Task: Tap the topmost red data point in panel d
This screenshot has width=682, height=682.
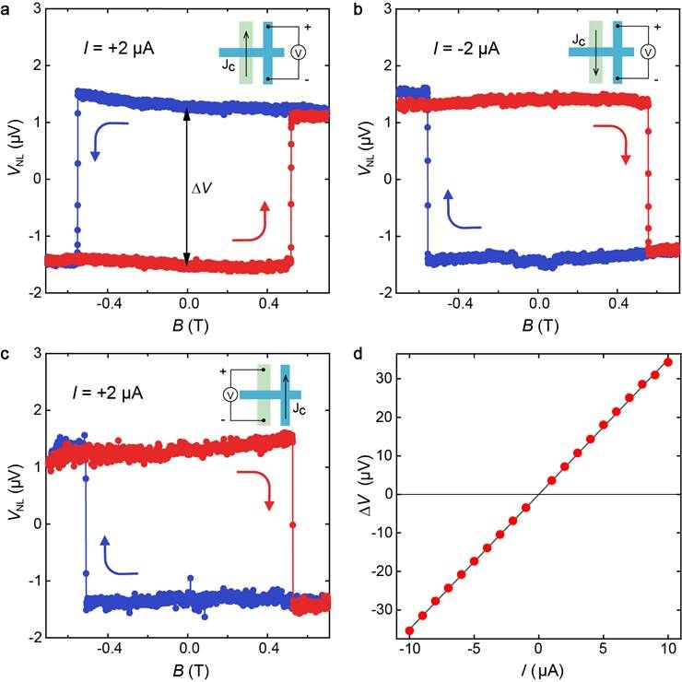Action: point(668,361)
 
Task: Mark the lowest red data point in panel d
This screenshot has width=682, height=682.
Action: point(409,630)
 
